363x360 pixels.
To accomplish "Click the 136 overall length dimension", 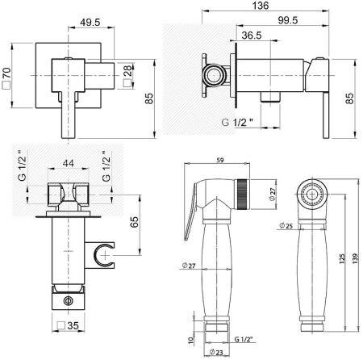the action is click(261, 6).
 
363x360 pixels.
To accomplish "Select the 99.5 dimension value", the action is click(288, 20).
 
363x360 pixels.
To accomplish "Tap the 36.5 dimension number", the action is click(252, 36).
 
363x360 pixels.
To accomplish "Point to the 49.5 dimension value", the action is click(90, 23).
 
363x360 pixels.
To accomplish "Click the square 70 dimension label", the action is click(6, 78).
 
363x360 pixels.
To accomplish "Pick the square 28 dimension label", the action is click(128, 76).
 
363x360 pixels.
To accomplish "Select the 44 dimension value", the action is click(69, 163).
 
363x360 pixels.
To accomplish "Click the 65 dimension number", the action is click(134, 222).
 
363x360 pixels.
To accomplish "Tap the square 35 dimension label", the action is click(68, 325).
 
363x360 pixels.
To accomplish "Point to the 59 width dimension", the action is click(220, 160).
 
